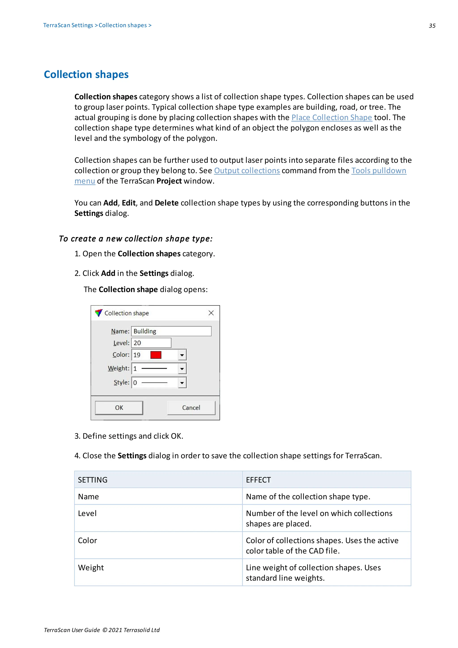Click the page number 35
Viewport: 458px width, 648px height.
[x=432, y=26]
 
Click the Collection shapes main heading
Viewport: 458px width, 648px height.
[x=86, y=74]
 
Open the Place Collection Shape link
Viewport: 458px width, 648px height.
[x=332, y=117]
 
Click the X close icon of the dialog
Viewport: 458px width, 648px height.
[x=211, y=313]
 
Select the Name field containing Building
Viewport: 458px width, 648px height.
[x=171, y=331]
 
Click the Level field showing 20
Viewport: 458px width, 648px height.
[x=151, y=343]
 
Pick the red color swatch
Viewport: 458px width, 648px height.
[x=156, y=355]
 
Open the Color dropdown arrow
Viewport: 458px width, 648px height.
[x=182, y=355]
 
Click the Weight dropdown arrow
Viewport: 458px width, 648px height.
[x=182, y=368]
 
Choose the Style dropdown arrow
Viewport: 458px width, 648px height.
[x=182, y=383]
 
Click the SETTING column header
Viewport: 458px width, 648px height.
[x=93, y=480]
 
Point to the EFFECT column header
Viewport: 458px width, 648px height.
[x=258, y=480]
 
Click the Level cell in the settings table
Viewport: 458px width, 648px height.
[x=87, y=513]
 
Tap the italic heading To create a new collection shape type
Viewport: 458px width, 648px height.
[x=136, y=239]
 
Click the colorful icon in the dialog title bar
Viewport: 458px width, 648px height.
[x=98, y=313]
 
